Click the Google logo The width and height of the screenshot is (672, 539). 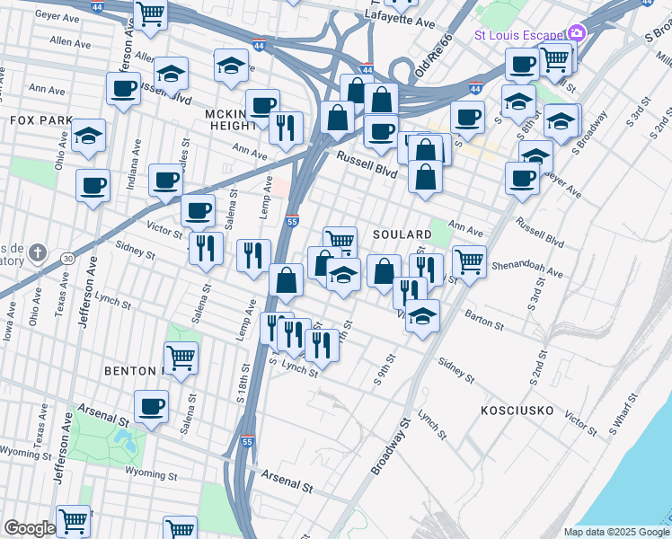[29, 528]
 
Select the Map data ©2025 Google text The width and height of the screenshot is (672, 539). [615, 532]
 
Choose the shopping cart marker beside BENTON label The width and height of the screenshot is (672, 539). [181, 358]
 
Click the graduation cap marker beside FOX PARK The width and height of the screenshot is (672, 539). [88, 136]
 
